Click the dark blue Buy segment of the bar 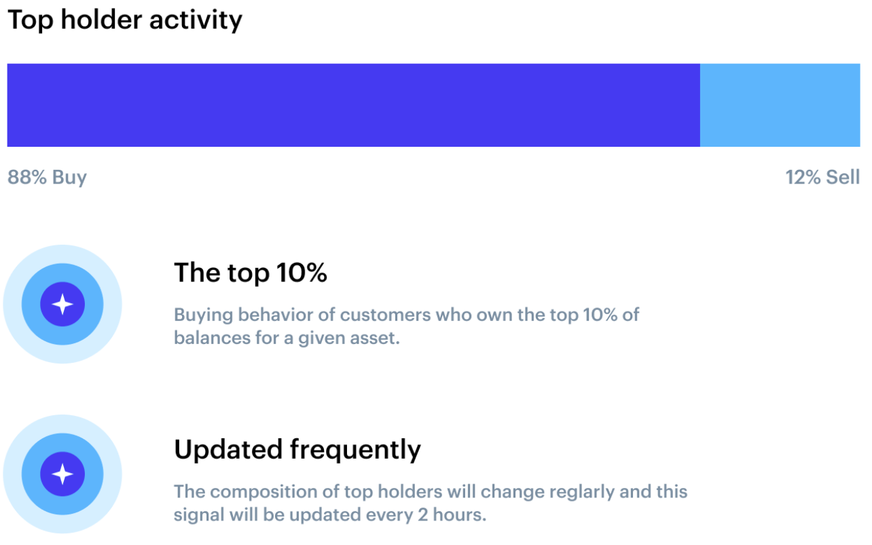click(x=353, y=105)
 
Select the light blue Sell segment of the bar click(x=780, y=105)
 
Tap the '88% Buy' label click(x=47, y=177)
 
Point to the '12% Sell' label click(x=822, y=177)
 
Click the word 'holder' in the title click(x=101, y=20)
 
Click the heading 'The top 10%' click(x=251, y=272)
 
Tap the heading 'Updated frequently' click(x=297, y=450)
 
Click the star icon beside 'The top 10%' click(x=62, y=304)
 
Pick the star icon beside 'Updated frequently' click(x=62, y=474)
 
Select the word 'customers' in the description click(x=385, y=315)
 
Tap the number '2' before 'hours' click(x=423, y=515)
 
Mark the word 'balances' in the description click(x=212, y=338)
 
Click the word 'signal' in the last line click(x=199, y=515)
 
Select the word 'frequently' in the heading click(x=355, y=451)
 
